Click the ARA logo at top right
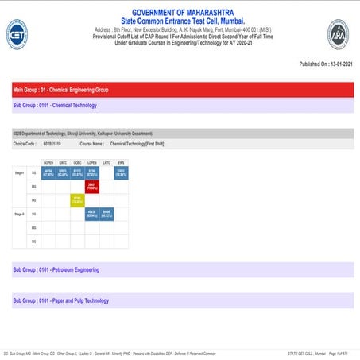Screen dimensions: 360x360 coord(338,34)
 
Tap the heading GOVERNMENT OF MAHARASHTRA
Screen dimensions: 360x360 coord(180,13)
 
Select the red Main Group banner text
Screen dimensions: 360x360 coord(56,90)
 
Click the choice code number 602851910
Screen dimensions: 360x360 coord(54,145)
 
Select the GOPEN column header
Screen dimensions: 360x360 coord(48,161)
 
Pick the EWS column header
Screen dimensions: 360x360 coord(121,161)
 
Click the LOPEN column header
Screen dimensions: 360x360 coord(91,161)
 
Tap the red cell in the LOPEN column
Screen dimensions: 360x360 coord(91,185)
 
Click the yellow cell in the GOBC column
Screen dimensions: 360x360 coord(77,199)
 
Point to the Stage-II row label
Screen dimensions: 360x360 coord(19,214)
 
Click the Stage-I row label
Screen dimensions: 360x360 coord(19,171)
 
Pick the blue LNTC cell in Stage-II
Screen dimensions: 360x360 coord(106,214)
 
